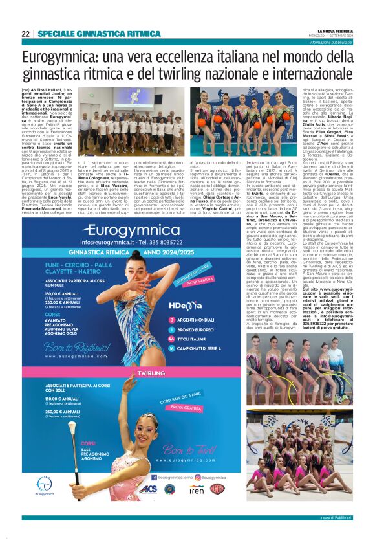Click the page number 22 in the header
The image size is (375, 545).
25,34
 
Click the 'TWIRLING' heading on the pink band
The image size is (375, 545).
151,373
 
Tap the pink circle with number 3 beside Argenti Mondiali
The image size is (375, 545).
171,319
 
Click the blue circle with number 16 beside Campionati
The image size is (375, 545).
171,347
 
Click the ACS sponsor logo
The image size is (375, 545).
148,489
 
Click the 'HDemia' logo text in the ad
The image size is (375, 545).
185,305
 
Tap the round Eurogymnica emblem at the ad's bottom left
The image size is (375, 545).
45,484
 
